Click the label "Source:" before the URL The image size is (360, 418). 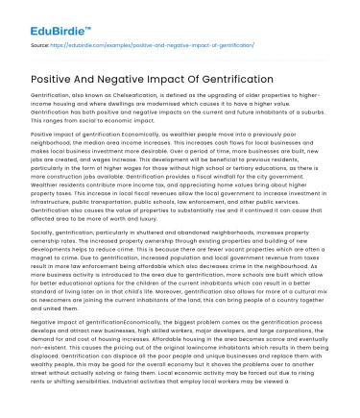[x=41, y=44]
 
